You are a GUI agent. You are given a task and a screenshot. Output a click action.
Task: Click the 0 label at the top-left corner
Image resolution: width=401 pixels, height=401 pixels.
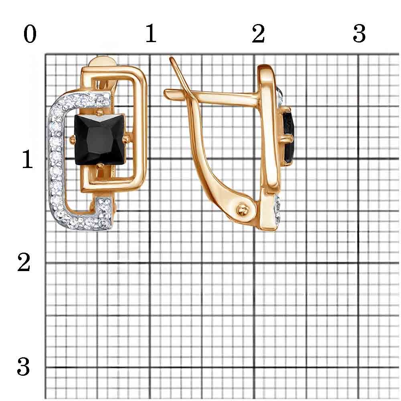click(x=30, y=34)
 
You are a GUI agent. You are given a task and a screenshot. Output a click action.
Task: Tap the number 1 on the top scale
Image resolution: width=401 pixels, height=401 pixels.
click(x=151, y=34)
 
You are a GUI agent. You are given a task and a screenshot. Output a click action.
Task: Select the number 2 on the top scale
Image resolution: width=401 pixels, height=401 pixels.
click(x=258, y=34)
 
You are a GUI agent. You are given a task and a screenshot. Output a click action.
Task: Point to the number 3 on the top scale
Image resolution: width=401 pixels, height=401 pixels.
click(x=359, y=34)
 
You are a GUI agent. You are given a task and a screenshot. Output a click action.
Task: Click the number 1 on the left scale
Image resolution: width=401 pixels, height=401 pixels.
click(x=28, y=159)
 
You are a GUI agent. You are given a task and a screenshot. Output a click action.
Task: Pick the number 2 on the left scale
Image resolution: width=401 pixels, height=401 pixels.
click(x=24, y=262)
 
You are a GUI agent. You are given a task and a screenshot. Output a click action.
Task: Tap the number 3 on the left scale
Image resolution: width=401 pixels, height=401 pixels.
click(x=24, y=367)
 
